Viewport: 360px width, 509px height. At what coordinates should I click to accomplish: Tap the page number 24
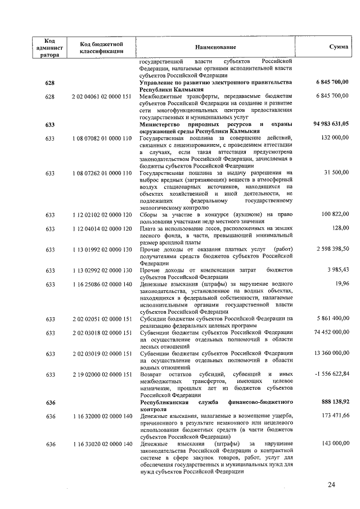click(x=331, y=485)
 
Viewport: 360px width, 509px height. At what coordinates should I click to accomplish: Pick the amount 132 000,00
click(x=335, y=138)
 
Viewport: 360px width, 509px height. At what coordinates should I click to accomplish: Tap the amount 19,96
click(x=341, y=283)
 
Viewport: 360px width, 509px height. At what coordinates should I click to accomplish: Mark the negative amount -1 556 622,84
click(x=331, y=374)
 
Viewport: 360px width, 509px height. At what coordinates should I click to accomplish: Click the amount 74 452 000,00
click(x=330, y=332)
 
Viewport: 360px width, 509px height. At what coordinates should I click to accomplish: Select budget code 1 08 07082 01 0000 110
click(x=102, y=138)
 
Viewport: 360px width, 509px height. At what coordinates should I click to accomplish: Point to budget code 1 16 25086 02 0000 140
click(x=102, y=283)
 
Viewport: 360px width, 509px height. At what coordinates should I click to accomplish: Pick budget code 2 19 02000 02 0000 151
click(x=102, y=374)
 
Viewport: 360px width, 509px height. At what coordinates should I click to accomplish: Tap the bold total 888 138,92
click(x=332, y=402)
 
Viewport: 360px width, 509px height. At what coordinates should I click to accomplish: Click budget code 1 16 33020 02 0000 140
click(x=102, y=444)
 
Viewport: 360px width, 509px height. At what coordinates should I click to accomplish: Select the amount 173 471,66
click(x=335, y=416)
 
